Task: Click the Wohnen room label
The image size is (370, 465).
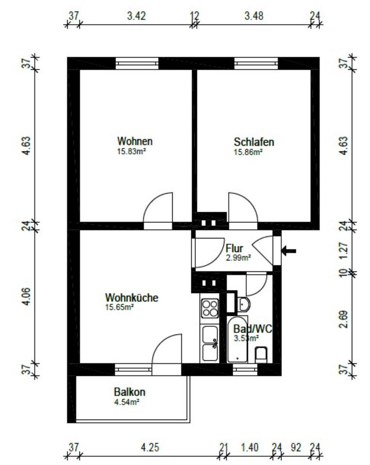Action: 135,141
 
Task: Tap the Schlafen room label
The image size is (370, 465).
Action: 254,142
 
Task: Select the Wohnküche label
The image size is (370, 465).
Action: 132,297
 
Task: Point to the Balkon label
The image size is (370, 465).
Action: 129,392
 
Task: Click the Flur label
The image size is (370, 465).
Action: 234,249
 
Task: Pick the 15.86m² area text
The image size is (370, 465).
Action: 248,152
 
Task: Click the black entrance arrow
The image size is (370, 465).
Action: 289,250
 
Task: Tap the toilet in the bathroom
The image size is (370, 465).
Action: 262,354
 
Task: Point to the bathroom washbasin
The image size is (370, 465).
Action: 244,304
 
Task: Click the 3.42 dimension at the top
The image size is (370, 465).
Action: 136,15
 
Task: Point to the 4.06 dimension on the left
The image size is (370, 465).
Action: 27,296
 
